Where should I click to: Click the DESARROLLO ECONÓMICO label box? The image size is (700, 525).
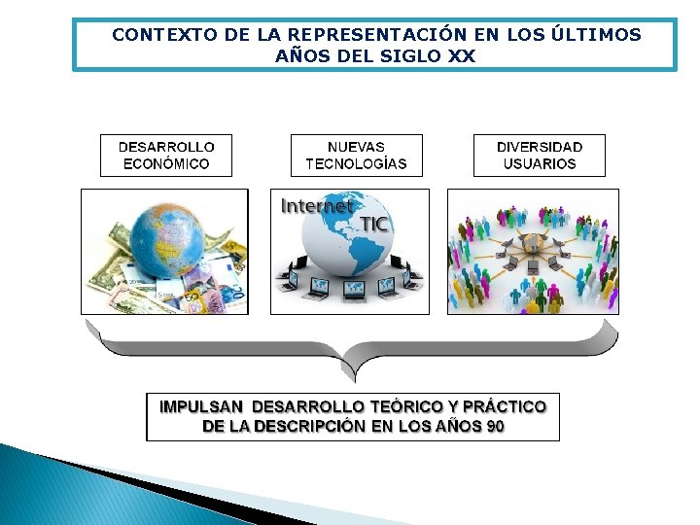point(167,156)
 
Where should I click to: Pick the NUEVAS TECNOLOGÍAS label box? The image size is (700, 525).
point(356,156)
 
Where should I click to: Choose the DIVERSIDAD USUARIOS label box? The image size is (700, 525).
point(539,156)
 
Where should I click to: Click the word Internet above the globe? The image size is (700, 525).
point(317,206)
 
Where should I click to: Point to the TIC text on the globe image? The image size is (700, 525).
point(373,225)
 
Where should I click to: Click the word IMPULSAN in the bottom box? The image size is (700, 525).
point(201,406)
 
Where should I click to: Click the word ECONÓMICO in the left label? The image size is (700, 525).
point(166,164)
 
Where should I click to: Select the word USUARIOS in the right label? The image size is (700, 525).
point(539,164)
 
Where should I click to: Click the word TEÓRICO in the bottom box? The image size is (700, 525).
point(403,406)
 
